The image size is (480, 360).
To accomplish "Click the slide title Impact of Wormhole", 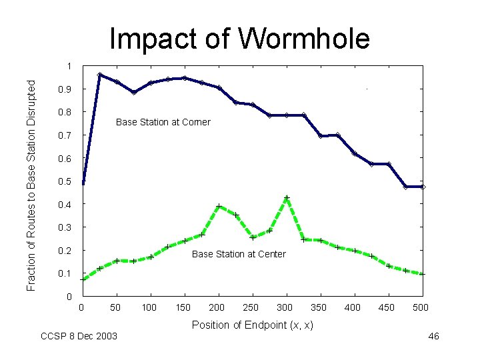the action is (240, 39).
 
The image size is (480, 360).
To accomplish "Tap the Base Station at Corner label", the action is (163, 122).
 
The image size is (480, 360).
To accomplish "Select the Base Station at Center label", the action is (239, 254).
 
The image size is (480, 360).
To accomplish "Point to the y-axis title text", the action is (31, 185).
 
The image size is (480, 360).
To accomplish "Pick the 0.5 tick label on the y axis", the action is (65, 181).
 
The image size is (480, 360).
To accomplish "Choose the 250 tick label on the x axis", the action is (251, 307).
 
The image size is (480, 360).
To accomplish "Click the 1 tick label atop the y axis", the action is (69, 66).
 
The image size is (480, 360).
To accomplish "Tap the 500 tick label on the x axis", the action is (420, 307).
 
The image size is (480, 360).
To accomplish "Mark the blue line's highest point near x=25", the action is (99, 75).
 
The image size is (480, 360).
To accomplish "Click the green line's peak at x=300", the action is (287, 198).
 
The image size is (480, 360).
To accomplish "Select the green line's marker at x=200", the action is (219, 206).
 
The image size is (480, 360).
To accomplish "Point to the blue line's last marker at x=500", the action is (423, 187).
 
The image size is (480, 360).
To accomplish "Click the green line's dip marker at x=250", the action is (253, 237).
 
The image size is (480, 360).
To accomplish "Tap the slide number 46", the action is (433, 336).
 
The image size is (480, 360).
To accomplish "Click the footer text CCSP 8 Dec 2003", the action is (79, 336).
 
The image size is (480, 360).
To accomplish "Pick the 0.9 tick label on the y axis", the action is (65, 89).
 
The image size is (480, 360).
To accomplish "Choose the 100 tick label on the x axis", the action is (149, 307).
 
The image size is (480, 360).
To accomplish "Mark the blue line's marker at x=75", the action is (134, 92).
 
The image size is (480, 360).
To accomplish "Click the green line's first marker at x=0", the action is (83, 279).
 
